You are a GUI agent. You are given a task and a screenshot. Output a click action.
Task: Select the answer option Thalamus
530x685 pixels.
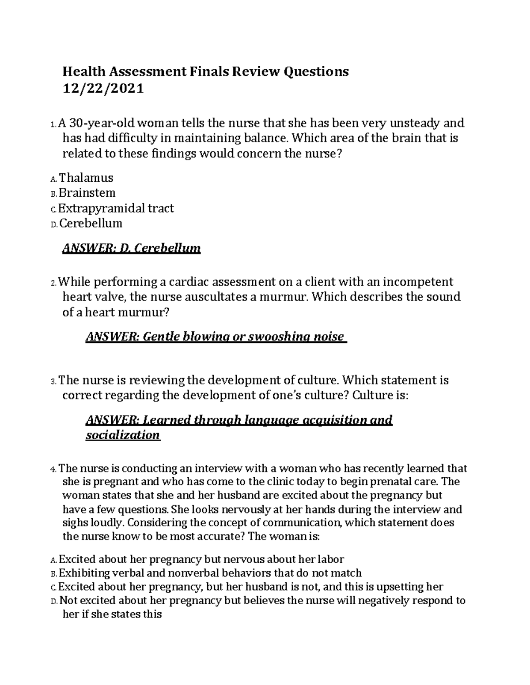click(86, 178)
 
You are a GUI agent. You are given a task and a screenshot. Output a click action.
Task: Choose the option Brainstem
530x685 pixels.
click(87, 193)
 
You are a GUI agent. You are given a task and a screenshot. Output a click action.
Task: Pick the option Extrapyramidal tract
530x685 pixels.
click(116, 208)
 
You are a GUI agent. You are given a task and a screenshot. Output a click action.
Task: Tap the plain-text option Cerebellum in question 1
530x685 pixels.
click(91, 223)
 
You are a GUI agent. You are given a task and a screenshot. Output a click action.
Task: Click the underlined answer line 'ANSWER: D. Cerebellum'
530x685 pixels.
click(132, 249)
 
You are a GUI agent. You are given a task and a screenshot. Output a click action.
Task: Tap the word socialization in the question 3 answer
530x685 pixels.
click(122, 435)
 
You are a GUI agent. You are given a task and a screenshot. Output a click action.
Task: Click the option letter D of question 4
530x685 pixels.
click(53, 601)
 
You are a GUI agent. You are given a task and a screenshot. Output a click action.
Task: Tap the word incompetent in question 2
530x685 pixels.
click(418, 282)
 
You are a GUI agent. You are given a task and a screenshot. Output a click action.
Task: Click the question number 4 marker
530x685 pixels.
click(53, 469)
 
